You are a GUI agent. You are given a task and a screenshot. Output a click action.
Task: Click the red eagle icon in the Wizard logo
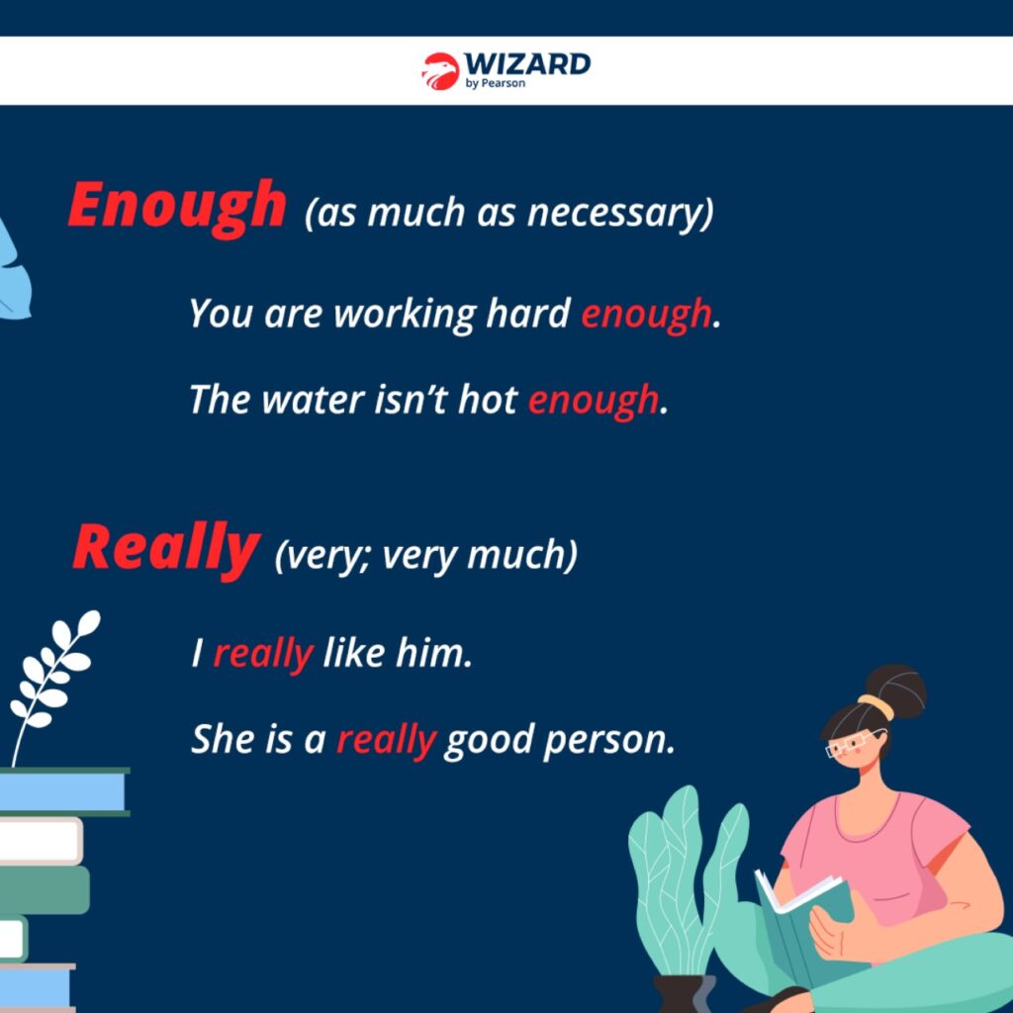pyautogui.click(x=440, y=71)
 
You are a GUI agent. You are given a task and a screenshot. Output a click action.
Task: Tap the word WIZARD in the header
pyautogui.click(x=527, y=64)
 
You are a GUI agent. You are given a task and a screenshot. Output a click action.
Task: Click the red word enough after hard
pyautogui.click(x=645, y=315)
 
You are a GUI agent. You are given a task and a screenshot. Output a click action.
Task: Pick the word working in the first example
pyautogui.click(x=405, y=315)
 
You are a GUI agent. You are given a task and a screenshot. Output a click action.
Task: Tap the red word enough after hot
pyautogui.click(x=594, y=401)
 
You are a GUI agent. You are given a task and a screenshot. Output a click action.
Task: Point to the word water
pyautogui.click(x=313, y=400)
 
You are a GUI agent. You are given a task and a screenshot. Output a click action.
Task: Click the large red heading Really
pyautogui.click(x=166, y=549)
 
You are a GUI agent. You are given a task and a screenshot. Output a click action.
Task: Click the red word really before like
pyautogui.click(x=263, y=655)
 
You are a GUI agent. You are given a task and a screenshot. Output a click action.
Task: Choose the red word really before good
pyautogui.click(x=386, y=740)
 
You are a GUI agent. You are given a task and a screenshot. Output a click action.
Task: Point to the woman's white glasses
pyautogui.click(x=854, y=743)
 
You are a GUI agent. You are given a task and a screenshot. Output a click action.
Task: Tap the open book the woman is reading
pyautogui.click(x=805, y=917)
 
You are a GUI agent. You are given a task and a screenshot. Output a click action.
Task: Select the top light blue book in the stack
pyautogui.click(x=62, y=791)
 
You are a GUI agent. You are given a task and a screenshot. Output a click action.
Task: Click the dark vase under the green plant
pyautogui.click(x=684, y=994)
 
